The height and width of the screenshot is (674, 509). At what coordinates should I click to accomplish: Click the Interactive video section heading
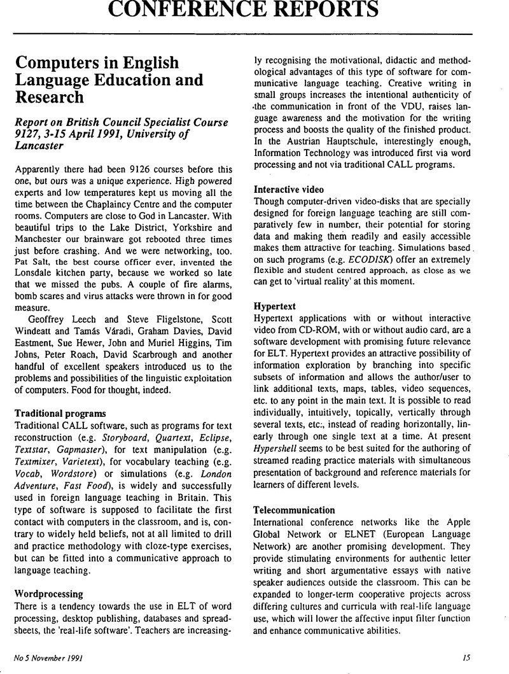(288, 188)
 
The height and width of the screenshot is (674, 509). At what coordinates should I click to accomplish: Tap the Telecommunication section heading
(294, 510)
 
